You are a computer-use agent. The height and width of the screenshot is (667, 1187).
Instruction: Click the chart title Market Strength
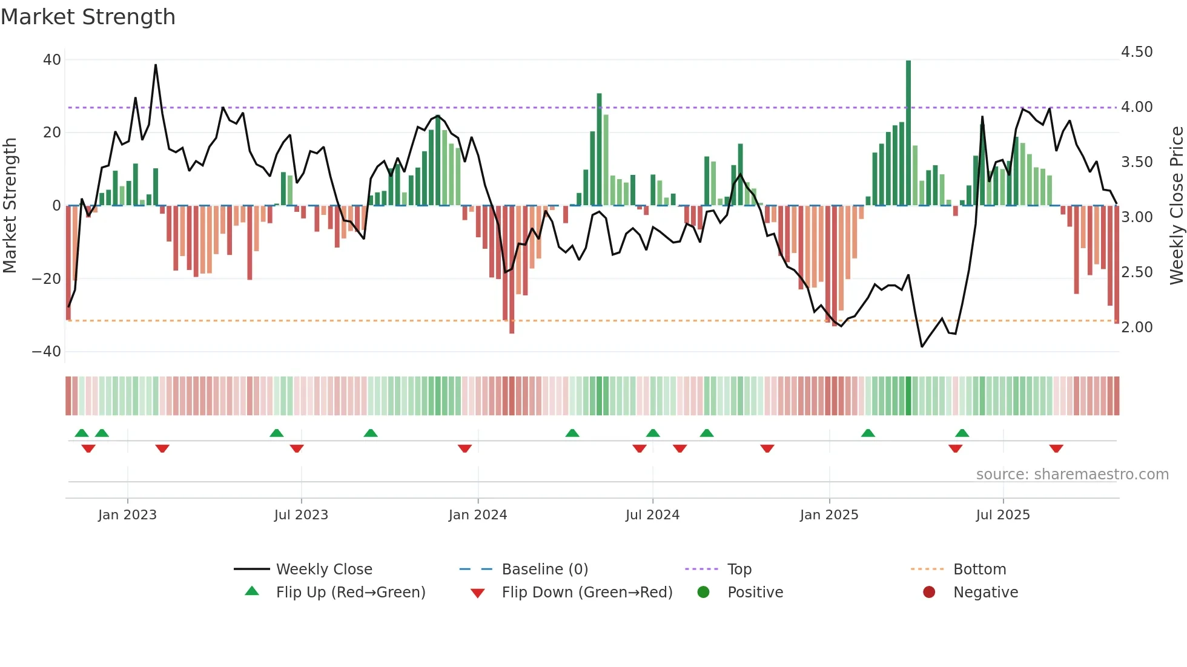(88, 17)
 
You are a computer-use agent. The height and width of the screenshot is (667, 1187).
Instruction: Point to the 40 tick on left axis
(52, 60)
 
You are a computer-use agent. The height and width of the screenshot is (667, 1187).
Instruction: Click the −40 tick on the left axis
(47, 352)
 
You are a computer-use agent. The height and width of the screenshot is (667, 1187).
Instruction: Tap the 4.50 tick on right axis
(1137, 52)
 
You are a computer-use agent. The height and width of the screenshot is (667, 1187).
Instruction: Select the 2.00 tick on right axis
(1137, 327)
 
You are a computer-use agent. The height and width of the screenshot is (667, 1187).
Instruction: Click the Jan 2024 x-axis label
(477, 515)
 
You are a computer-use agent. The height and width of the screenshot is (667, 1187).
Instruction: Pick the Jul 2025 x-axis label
(1002, 515)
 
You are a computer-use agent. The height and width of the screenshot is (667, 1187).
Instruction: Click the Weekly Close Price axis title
(1176, 206)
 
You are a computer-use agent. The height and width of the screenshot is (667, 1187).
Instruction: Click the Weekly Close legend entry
(323, 570)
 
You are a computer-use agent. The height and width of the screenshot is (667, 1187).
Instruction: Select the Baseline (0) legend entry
(544, 570)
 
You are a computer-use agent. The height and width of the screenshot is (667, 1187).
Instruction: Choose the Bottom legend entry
(979, 570)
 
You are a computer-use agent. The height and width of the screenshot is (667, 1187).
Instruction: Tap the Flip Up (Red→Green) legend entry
(350, 593)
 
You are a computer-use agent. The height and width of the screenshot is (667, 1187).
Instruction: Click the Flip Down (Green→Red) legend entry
(587, 593)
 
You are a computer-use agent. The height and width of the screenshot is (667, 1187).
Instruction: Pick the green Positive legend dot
(703, 593)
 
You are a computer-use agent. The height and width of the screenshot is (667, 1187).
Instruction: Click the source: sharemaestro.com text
(1072, 475)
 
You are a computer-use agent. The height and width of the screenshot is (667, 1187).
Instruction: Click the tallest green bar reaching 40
(908, 133)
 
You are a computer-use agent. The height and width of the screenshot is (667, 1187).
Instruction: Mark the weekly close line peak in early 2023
(156, 65)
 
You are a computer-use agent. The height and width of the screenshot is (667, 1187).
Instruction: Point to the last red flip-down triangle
(1056, 448)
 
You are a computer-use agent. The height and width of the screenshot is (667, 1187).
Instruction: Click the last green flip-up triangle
(962, 433)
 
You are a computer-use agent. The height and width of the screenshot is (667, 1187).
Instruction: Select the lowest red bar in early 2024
(512, 269)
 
